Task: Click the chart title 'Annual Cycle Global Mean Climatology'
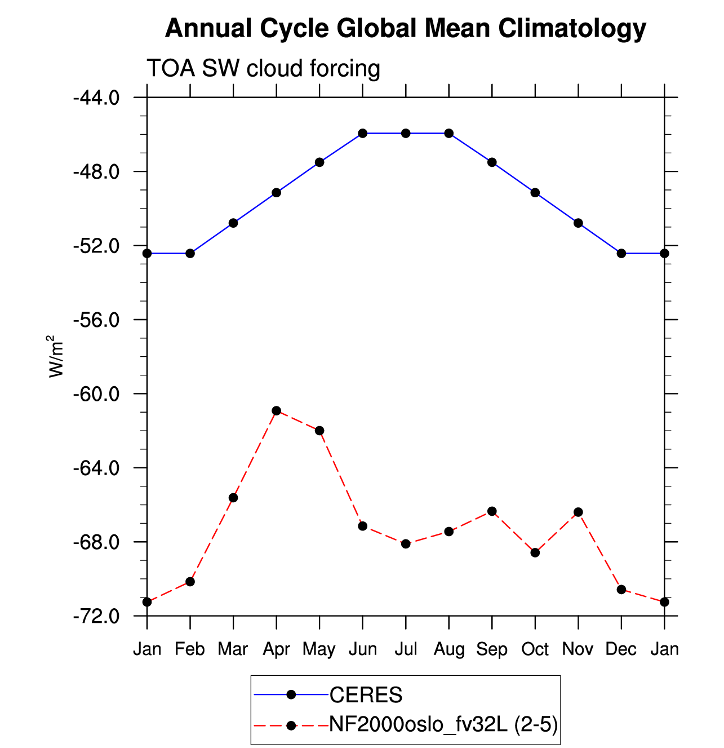point(405,29)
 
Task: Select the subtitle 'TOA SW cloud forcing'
point(263,68)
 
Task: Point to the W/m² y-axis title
point(55,356)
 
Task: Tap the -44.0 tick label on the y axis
point(96,99)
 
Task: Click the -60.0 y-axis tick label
point(96,395)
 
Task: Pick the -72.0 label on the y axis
point(96,617)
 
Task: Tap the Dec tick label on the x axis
point(621,649)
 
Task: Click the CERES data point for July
point(406,134)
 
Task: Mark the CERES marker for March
point(233,223)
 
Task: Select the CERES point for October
point(535,193)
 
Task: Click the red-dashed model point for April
point(276,411)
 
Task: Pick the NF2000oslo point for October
point(535,553)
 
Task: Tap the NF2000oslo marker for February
point(190,582)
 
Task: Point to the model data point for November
point(578,512)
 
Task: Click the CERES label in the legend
point(366,694)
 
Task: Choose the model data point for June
point(363,526)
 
